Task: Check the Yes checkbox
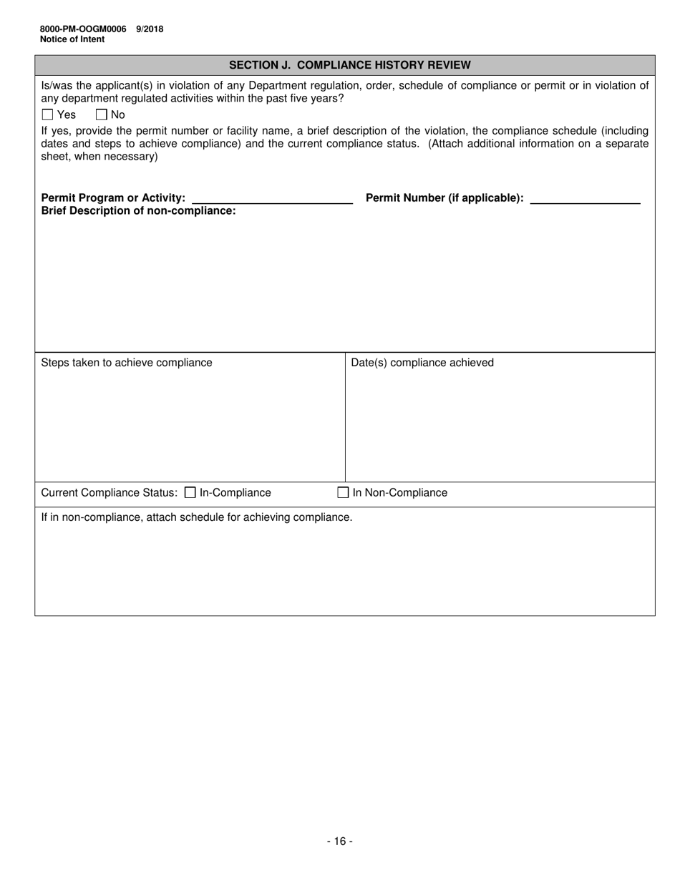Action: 48,114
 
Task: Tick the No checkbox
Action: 101,114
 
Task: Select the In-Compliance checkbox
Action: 190,492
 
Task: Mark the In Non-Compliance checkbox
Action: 343,492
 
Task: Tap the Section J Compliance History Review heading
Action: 349,65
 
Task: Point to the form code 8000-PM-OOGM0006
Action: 83,29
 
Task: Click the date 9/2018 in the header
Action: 150,29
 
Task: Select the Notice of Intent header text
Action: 72,39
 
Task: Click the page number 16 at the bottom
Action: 340,841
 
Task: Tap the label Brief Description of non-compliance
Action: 138,210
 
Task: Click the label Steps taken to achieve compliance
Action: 127,363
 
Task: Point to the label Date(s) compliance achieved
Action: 422,363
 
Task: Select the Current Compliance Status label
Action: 109,493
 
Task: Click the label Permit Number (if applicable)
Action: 445,198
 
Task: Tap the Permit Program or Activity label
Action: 113,198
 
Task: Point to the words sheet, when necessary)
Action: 99,157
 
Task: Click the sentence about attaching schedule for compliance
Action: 197,517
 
